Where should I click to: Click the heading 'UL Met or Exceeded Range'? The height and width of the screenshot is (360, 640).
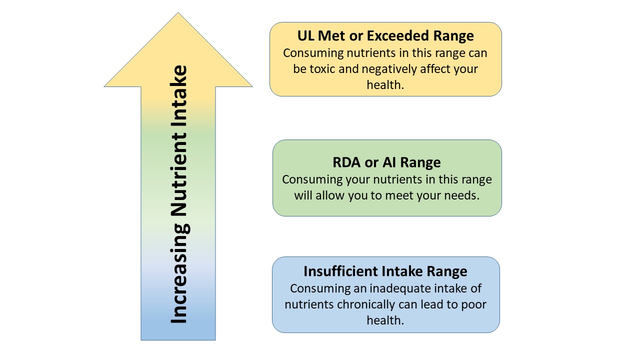coord(385,36)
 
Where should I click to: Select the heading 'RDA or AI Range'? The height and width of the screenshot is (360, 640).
coord(386,162)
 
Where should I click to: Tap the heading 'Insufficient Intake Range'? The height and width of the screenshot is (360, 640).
coord(385,271)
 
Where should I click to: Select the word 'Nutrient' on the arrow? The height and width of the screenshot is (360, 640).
coord(178,174)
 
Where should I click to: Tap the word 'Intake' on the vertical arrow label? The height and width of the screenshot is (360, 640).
coord(178,95)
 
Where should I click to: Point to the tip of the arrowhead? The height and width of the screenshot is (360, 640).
coord(178,12)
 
